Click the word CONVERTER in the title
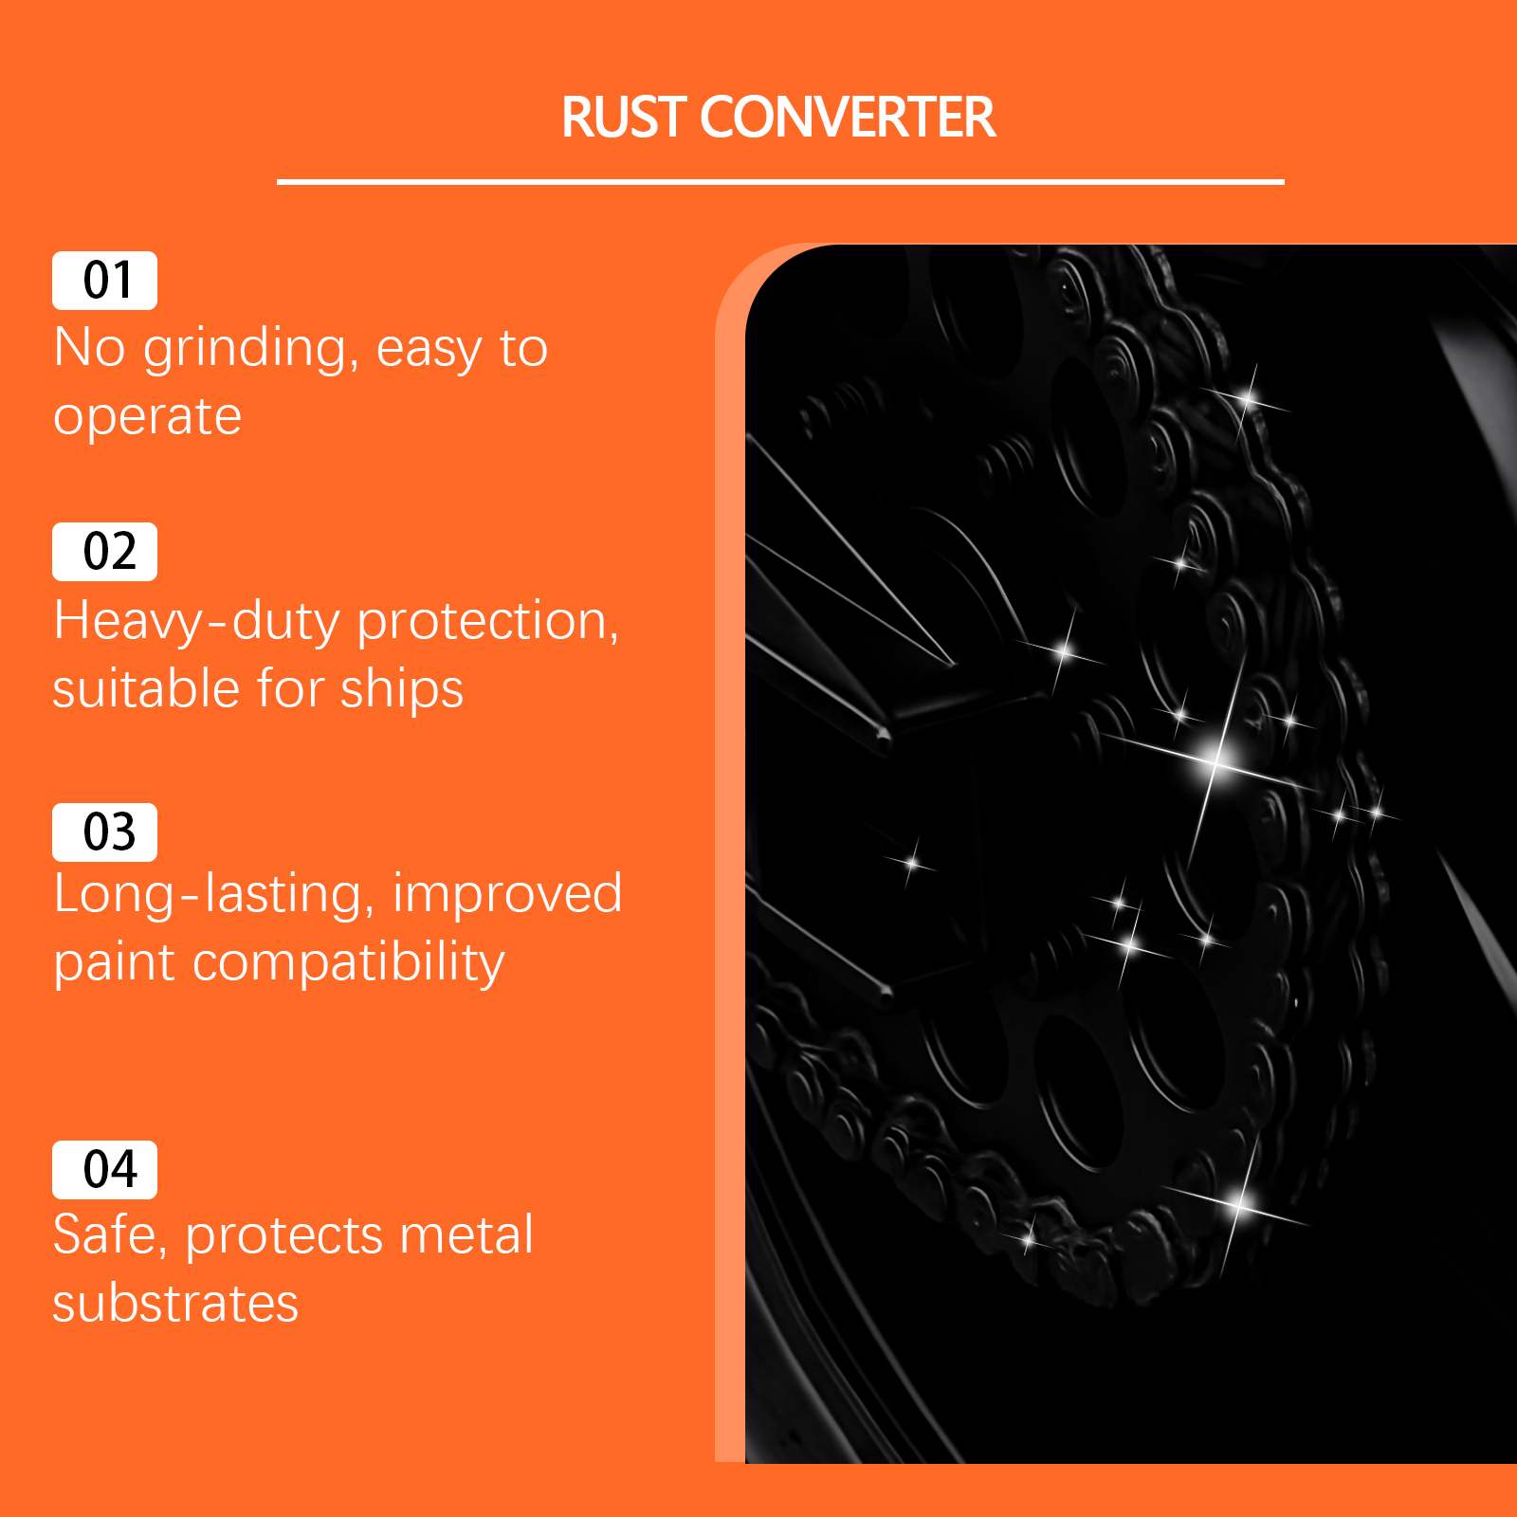pos(848,118)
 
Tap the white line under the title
pos(780,181)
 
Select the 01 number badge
pos(104,281)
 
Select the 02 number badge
pos(104,552)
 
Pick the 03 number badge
pos(104,832)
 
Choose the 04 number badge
pos(104,1170)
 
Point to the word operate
pos(147,418)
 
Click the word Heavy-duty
pos(197,622)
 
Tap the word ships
pos(402,689)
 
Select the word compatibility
pos(349,964)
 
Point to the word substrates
pos(175,1304)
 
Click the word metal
pos(466,1234)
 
